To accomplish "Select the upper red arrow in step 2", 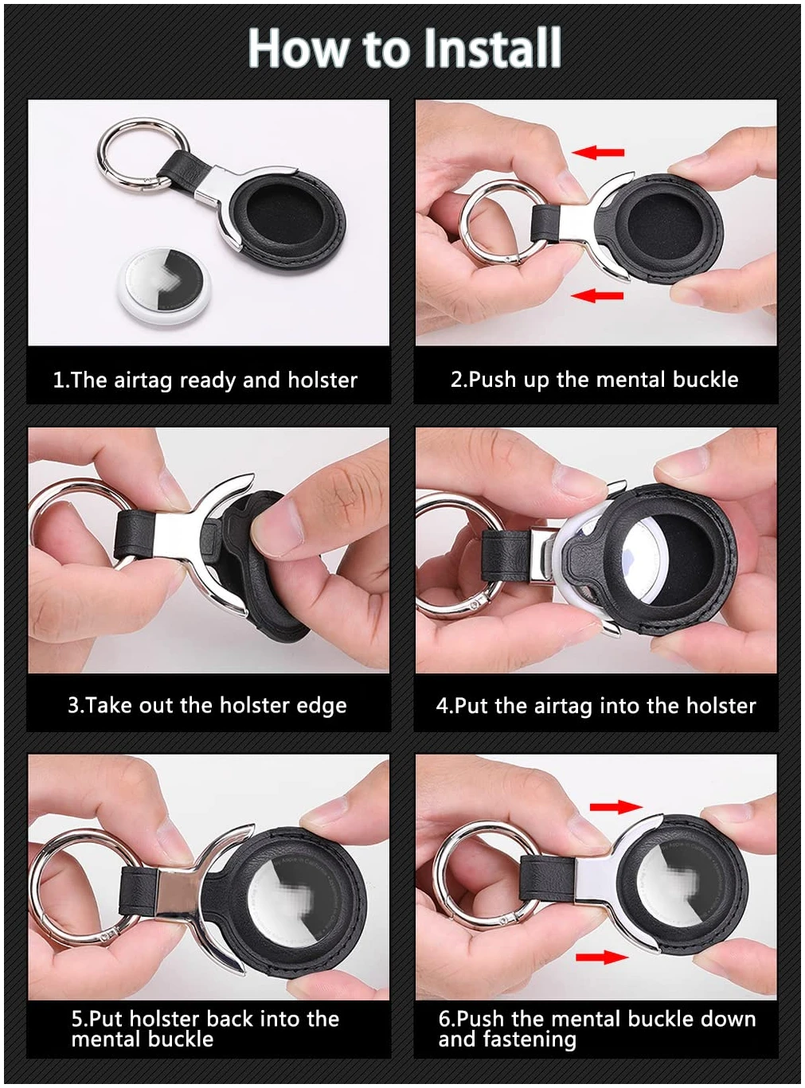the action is pos(598,152).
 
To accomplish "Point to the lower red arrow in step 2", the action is pos(597,295).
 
